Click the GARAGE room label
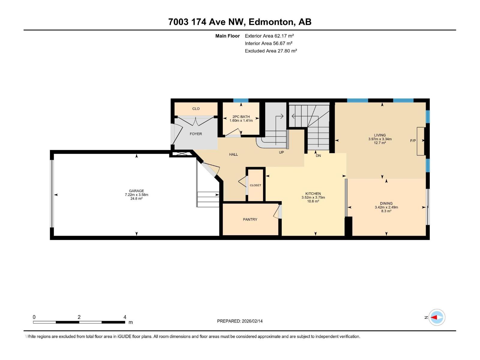click(x=136, y=191)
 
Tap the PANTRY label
click(x=250, y=219)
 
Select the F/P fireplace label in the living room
click(x=413, y=141)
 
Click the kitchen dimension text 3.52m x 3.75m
click(x=313, y=197)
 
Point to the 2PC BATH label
click(x=241, y=117)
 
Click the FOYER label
click(x=196, y=134)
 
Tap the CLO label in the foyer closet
click(x=196, y=109)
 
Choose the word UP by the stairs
click(x=281, y=152)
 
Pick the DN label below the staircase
click(x=318, y=156)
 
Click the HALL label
click(x=233, y=154)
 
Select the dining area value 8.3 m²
click(x=386, y=211)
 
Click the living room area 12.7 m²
click(x=380, y=143)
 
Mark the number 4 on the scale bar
click(x=125, y=317)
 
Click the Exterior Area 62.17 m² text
click(x=269, y=36)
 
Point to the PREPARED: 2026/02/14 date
click(x=240, y=321)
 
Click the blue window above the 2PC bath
click(x=241, y=100)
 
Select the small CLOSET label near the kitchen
click(x=255, y=185)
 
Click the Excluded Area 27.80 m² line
click(x=271, y=51)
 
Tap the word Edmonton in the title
click(x=271, y=22)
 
